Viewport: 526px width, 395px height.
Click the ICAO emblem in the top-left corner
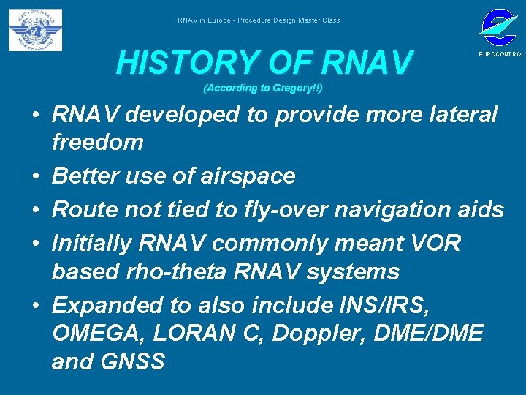(x=35, y=30)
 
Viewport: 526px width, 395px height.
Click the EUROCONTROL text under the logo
(x=501, y=55)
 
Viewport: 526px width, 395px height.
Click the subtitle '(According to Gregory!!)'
(x=263, y=89)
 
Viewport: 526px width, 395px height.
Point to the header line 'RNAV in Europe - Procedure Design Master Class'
(x=259, y=20)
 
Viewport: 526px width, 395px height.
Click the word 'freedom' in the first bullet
(x=98, y=142)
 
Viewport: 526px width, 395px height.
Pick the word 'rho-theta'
(x=192, y=272)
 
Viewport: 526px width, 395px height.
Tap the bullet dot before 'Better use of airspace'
(x=35, y=176)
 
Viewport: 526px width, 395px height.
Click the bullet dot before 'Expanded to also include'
(x=35, y=304)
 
